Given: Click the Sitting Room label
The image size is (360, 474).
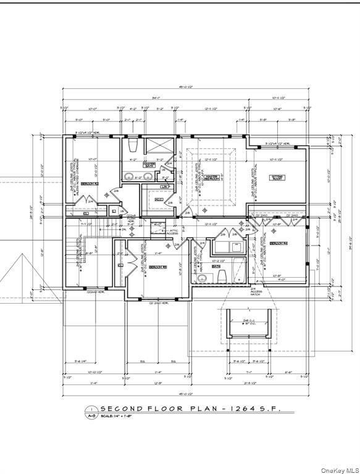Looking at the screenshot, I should point(276,177).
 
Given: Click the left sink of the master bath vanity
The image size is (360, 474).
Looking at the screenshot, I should point(128,178).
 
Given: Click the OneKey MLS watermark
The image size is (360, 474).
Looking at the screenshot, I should point(339,468).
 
